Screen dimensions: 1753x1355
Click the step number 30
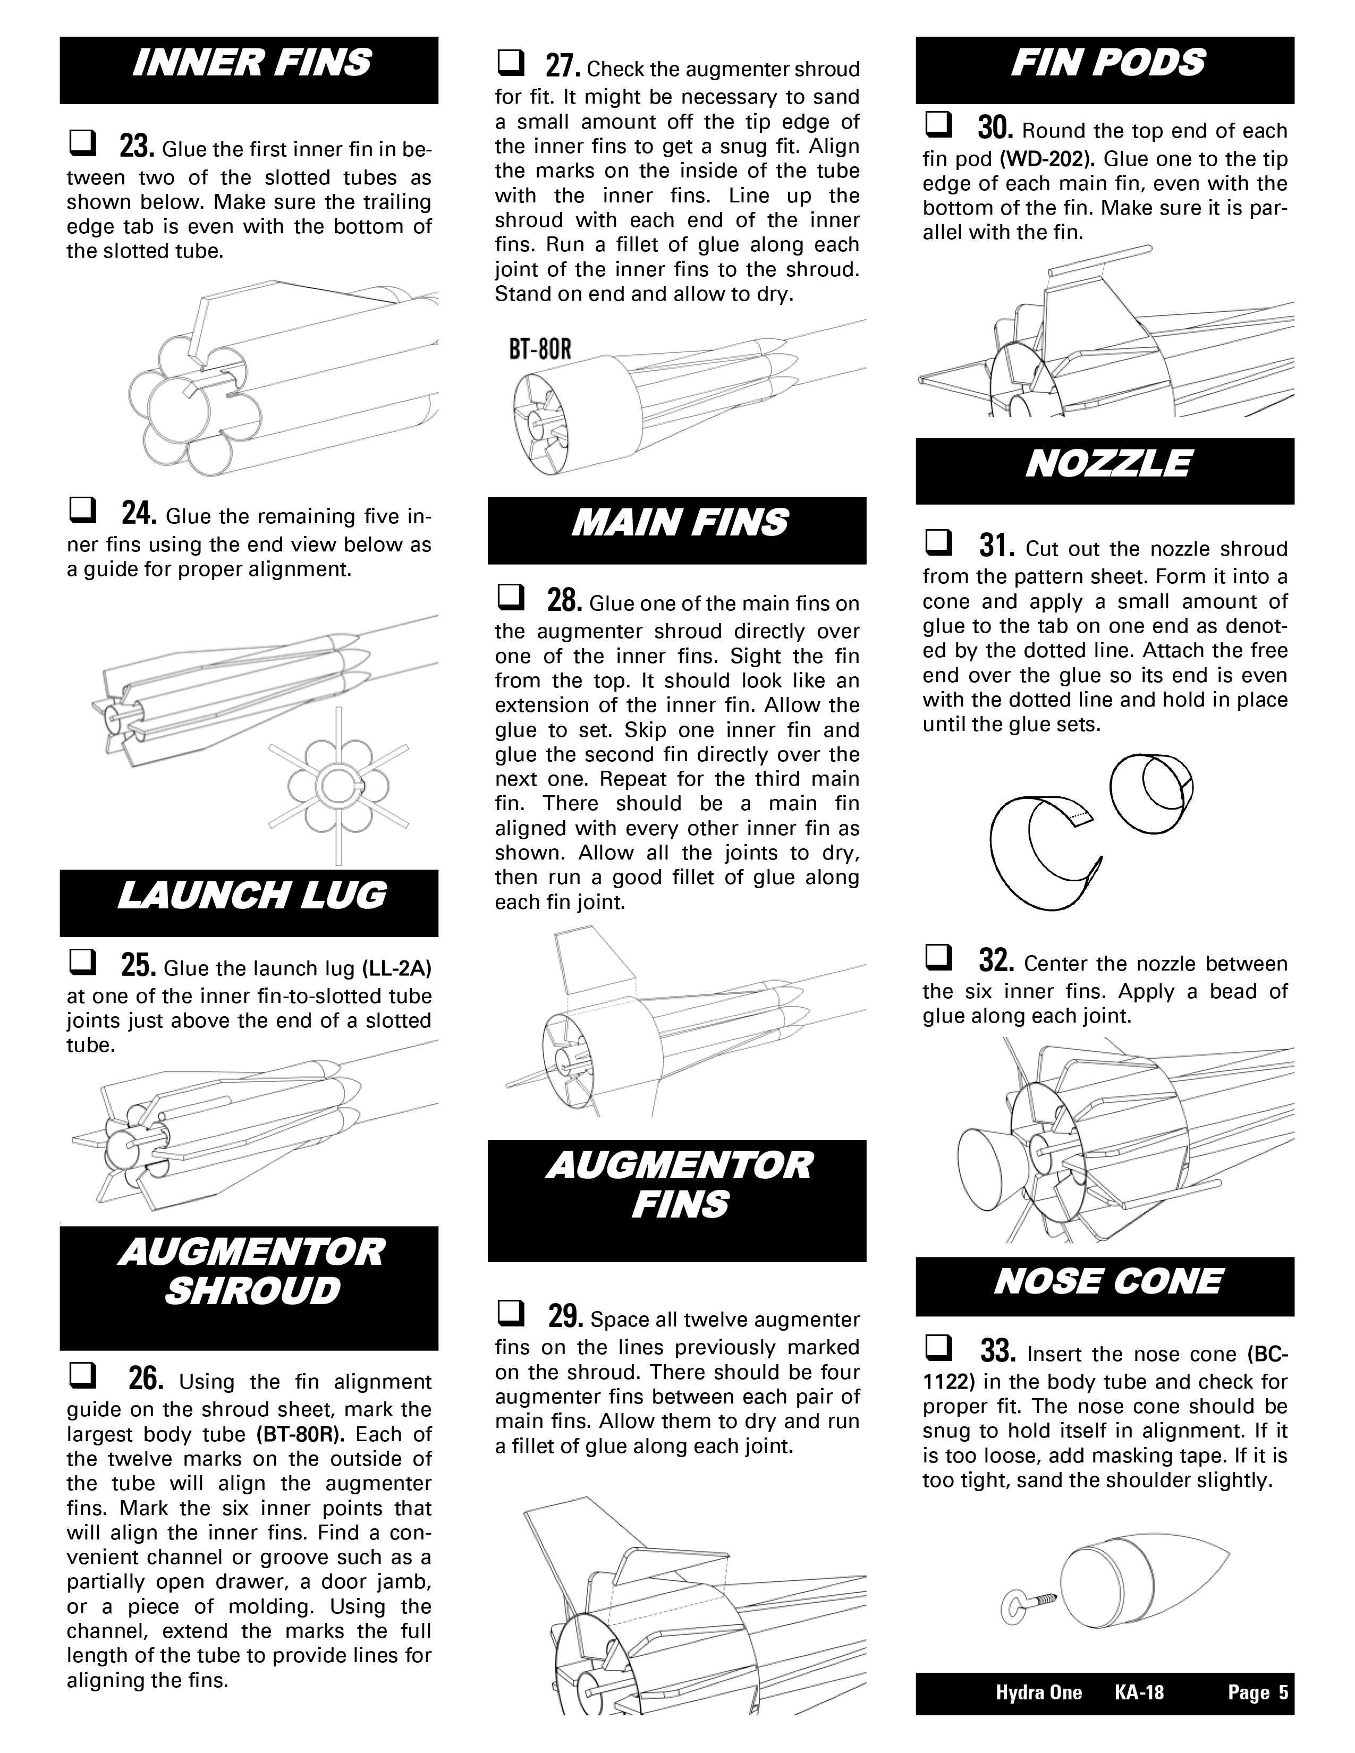coord(995,129)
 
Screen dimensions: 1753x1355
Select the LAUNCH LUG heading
coord(250,896)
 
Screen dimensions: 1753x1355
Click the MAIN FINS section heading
coord(679,523)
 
